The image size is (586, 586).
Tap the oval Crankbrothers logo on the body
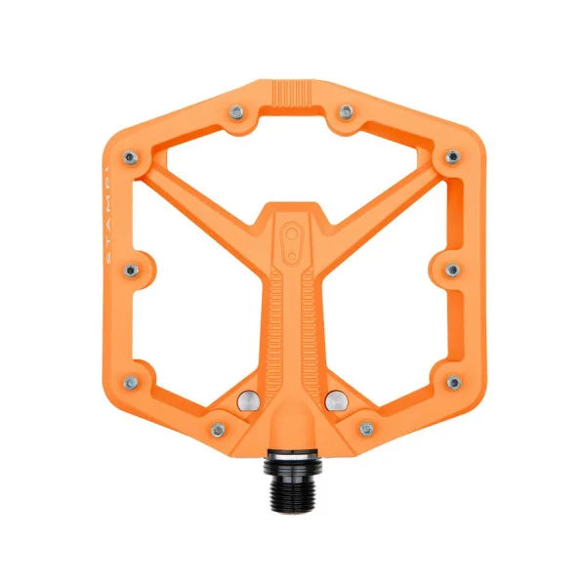(x=293, y=241)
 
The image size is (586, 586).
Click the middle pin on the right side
(x=451, y=269)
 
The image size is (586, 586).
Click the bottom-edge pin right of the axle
(x=367, y=428)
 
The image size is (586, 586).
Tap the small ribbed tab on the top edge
(x=293, y=94)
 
